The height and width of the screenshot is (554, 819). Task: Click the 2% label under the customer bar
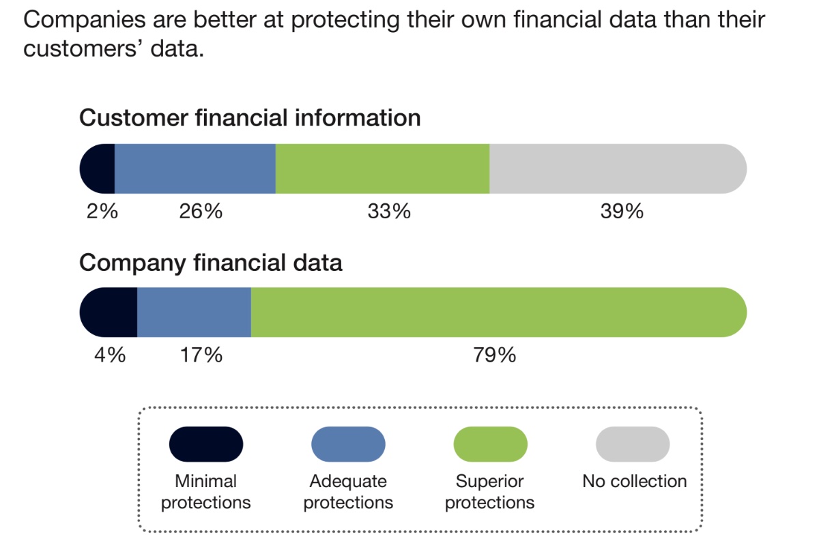point(102,212)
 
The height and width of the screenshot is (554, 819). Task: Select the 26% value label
point(201,212)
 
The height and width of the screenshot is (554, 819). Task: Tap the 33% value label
point(389,212)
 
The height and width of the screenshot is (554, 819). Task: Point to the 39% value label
point(622,212)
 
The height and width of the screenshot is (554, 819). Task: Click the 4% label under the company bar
point(110,355)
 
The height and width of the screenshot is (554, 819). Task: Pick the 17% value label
point(201,355)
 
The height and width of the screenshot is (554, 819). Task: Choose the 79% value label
point(495,355)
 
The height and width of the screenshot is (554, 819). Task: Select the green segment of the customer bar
point(382,169)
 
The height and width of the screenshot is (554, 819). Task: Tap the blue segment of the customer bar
point(195,169)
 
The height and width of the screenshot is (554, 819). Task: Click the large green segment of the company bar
point(498,312)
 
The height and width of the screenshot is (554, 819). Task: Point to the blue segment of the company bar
point(195,312)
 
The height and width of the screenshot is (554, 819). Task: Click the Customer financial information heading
point(250,118)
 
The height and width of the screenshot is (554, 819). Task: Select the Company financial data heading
point(211,262)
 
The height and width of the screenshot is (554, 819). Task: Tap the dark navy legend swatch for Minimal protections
point(206,444)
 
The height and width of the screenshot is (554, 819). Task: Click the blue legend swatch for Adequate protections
point(348,444)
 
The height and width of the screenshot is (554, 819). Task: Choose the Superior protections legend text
point(490,492)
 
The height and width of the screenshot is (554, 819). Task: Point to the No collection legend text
point(634,481)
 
